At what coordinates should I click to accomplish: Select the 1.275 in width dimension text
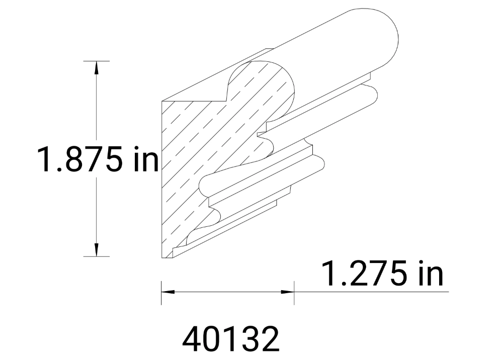(x=382, y=274)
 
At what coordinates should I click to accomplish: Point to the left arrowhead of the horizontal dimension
(x=168, y=291)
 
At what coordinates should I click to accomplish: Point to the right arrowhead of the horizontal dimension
(x=288, y=291)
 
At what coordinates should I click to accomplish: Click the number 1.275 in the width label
(x=364, y=274)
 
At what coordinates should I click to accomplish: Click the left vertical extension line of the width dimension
(x=161, y=293)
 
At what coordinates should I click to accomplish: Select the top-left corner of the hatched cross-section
(x=162, y=100)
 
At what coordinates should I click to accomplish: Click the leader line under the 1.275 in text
(x=372, y=291)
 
